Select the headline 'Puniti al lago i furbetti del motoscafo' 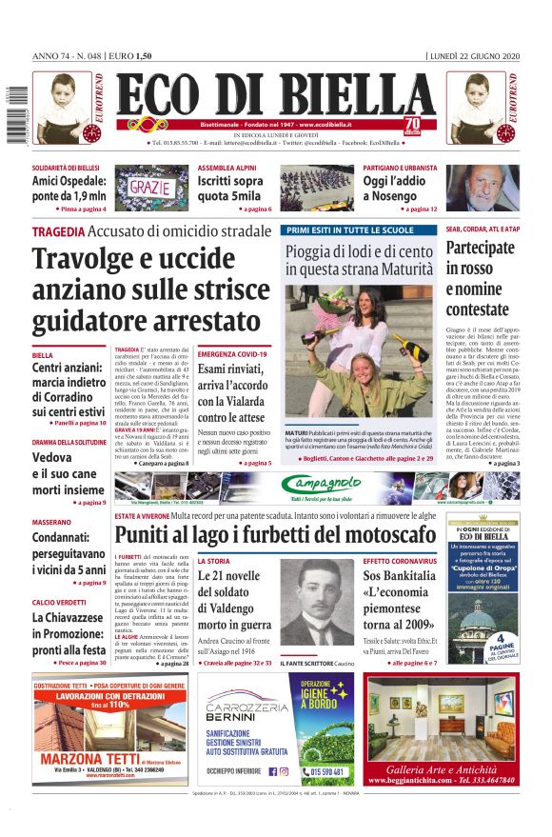pyautogui.click(x=277, y=535)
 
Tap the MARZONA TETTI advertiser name pyautogui.click(x=86, y=759)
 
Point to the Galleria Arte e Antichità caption pyautogui.click(x=440, y=768)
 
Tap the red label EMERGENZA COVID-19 pyautogui.click(x=232, y=354)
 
